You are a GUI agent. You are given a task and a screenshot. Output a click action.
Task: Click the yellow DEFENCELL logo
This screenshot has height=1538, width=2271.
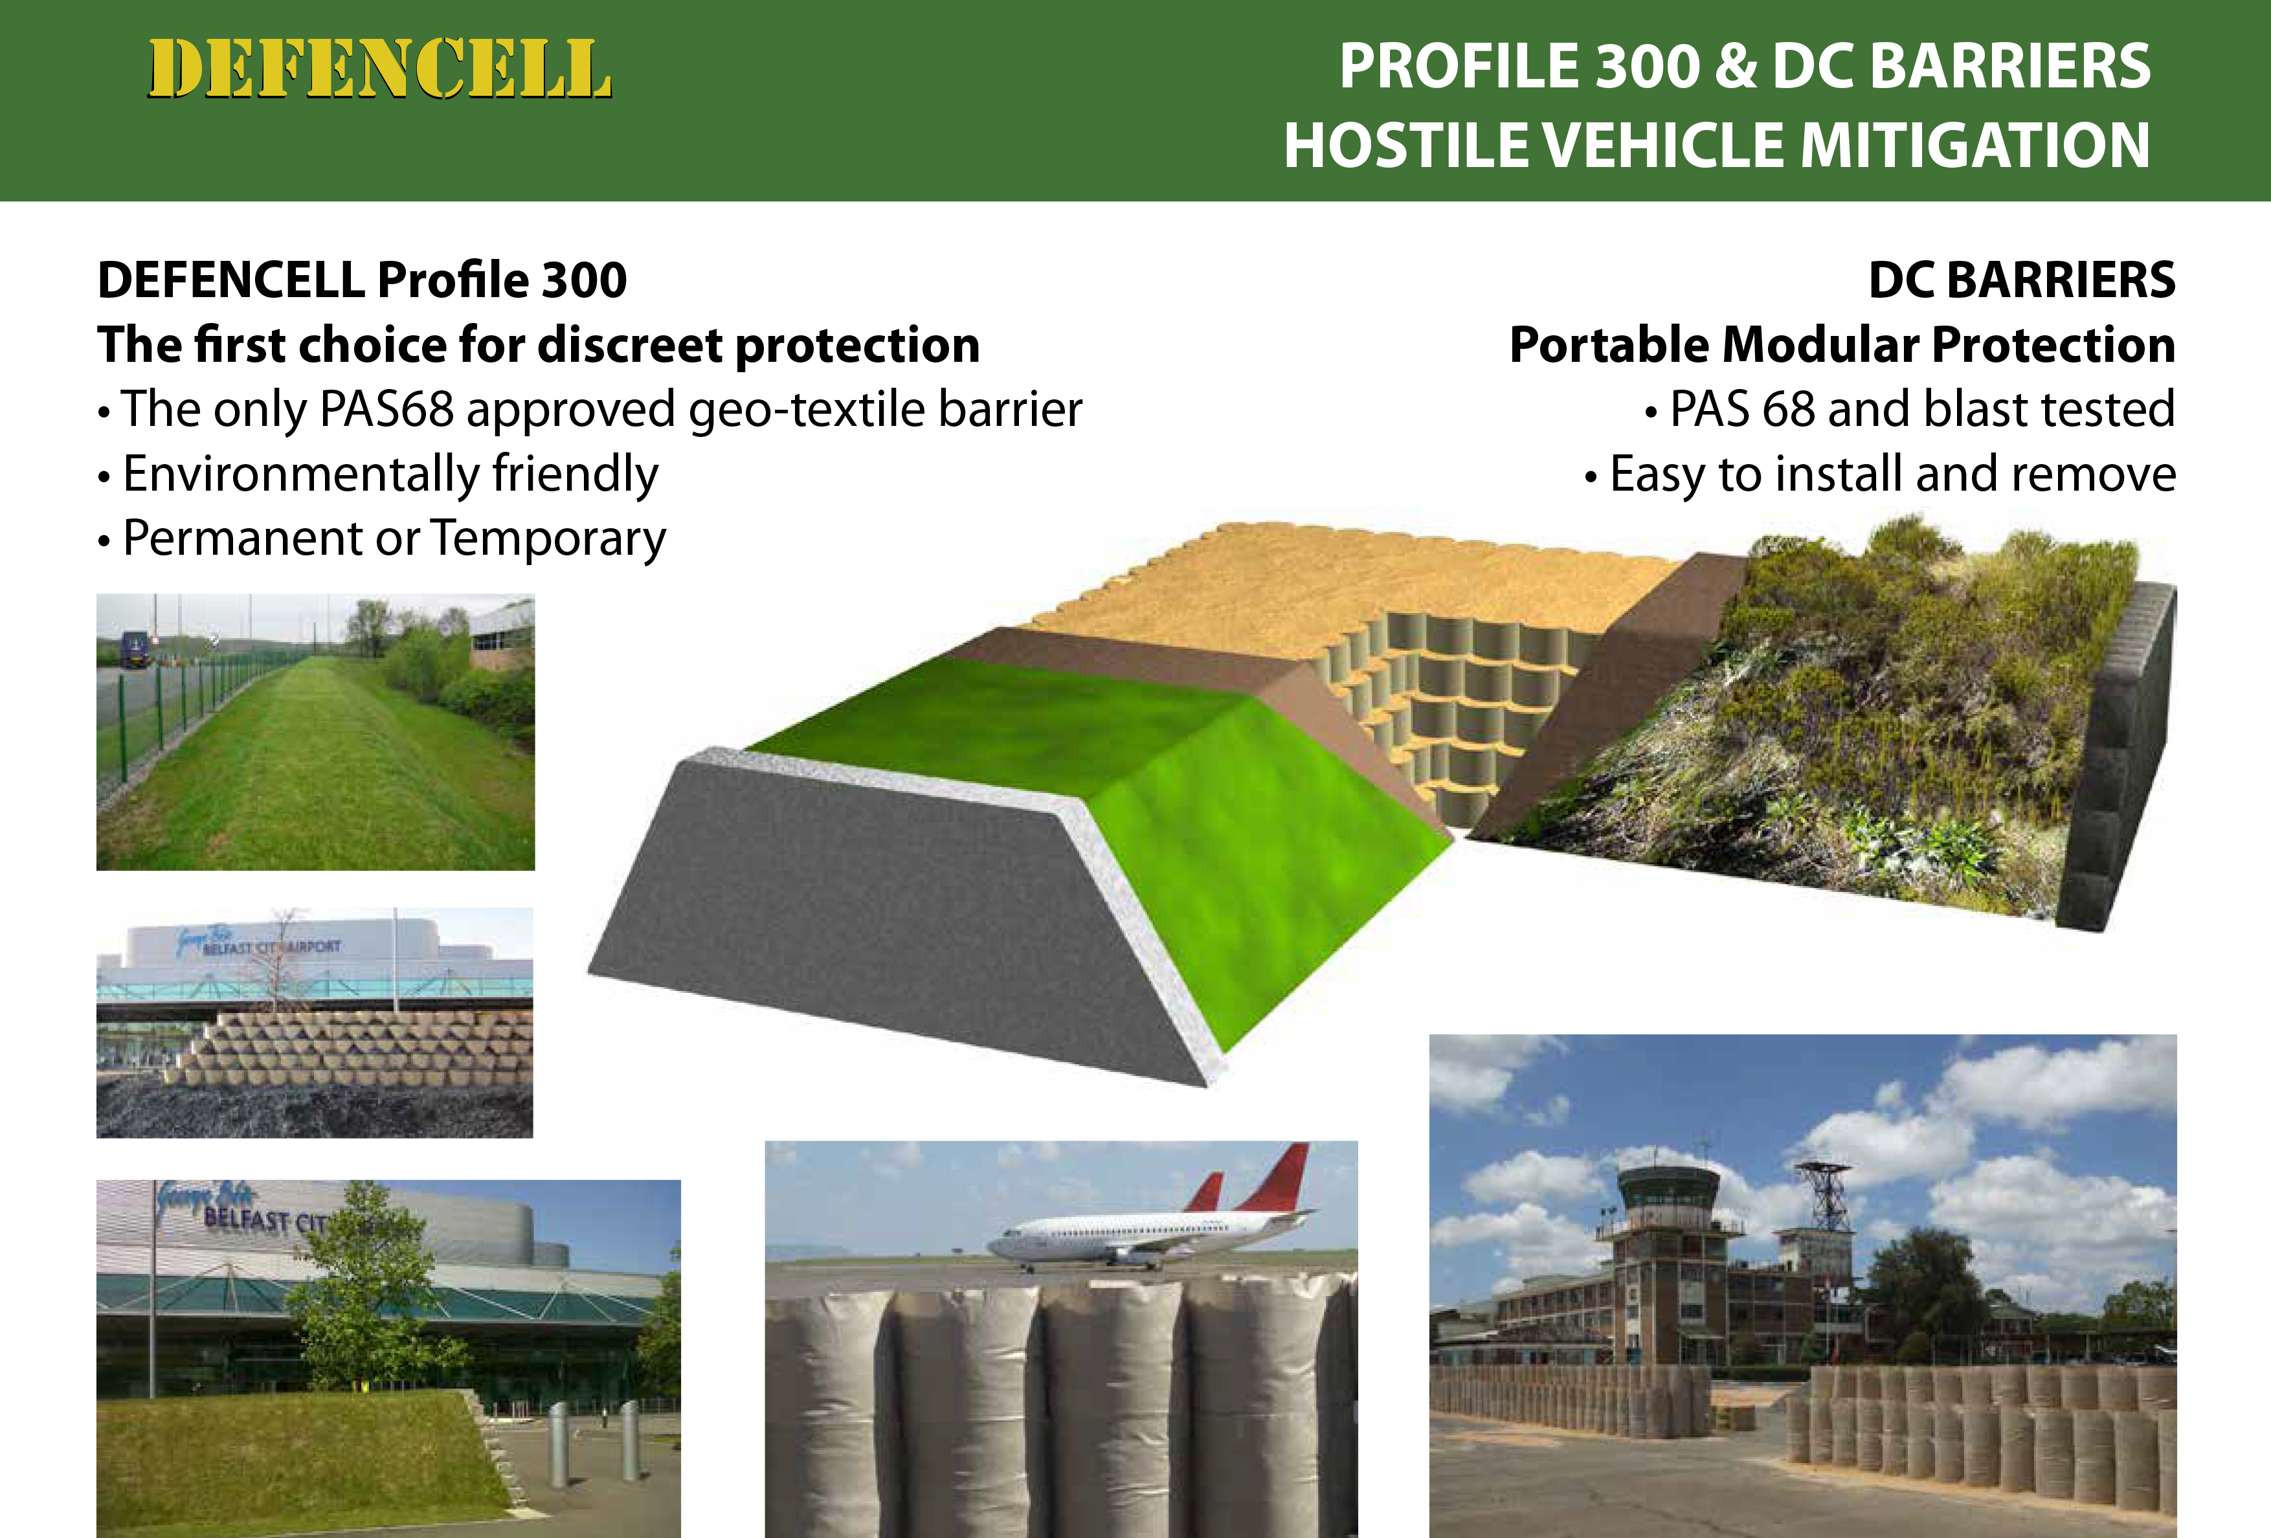click(379, 69)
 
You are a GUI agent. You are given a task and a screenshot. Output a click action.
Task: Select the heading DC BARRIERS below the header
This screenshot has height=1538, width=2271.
click(2022, 280)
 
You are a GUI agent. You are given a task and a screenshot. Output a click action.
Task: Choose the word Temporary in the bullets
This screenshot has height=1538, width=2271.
click(548, 539)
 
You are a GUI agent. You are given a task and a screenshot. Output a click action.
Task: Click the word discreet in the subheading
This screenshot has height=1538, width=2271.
click(629, 345)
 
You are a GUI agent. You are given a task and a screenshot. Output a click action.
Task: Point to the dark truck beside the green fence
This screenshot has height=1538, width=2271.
click(135, 651)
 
